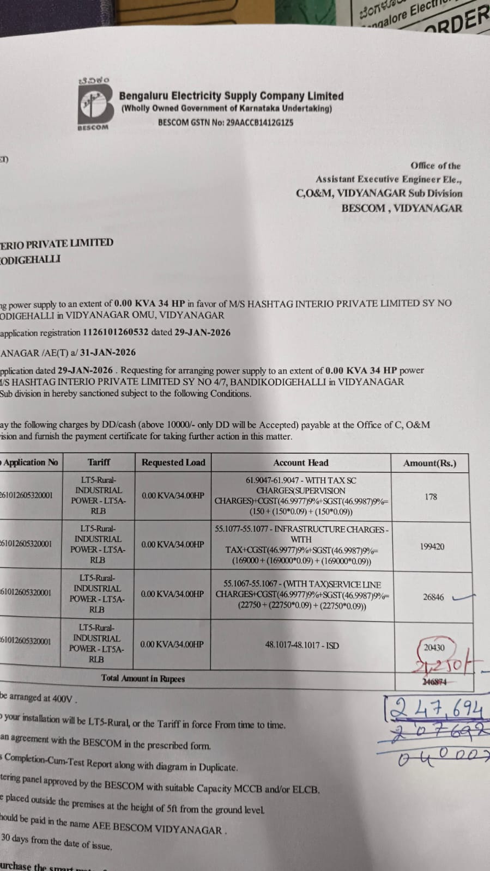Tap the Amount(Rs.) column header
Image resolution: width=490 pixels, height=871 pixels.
pyautogui.click(x=429, y=464)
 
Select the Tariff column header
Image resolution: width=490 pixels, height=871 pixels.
pyautogui.click(x=99, y=462)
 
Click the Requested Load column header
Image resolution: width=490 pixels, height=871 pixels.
pyautogui.click(x=173, y=462)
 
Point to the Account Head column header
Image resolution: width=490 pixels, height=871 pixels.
pyautogui.click(x=301, y=463)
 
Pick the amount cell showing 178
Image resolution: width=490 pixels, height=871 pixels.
pyautogui.click(x=431, y=496)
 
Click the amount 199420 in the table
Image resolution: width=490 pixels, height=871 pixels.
pyautogui.click(x=432, y=546)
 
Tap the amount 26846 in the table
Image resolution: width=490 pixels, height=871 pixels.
pyautogui.click(x=433, y=597)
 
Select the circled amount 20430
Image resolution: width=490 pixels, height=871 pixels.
pyautogui.click(x=434, y=648)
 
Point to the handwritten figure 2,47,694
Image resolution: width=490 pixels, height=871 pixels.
pyautogui.click(x=436, y=709)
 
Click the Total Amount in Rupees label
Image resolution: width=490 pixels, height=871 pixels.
pyautogui.click(x=143, y=679)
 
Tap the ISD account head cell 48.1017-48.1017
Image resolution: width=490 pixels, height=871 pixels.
pyautogui.click(x=301, y=645)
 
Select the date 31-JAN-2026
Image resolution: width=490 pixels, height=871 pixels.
pyautogui.click(x=107, y=352)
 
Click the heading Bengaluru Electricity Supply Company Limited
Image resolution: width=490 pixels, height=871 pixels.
pyautogui.click(x=231, y=96)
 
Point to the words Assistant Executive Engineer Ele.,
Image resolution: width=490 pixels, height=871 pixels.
pyautogui.click(x=388, y=179)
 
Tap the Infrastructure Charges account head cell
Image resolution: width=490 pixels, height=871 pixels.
pyautogui.click(x=301, y=545)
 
